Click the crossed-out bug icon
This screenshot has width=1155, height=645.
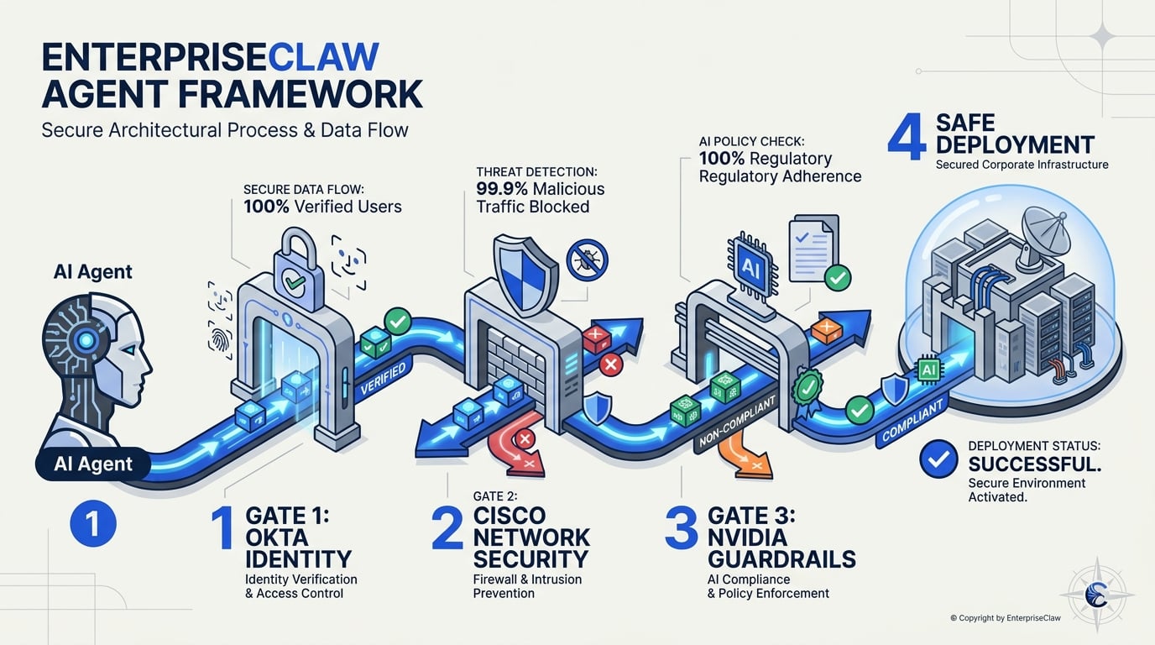pos(588,260)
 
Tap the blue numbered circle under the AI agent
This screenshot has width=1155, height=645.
pos(93,523)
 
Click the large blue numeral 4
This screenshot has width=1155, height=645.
pos(907,136)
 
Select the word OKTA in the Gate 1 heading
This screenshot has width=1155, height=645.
pos(277,537)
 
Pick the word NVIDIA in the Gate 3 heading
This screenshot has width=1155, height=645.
pos(747,537)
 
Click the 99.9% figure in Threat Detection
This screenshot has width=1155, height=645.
pos(502,189)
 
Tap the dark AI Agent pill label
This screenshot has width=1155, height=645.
pos(93,464)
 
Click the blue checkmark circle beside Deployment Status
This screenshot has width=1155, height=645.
pos(938,459)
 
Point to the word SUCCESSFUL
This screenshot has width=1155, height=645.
pos(1035,464)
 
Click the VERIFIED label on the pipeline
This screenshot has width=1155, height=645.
pos(383,378)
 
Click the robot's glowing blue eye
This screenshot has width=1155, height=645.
pos(86,340)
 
